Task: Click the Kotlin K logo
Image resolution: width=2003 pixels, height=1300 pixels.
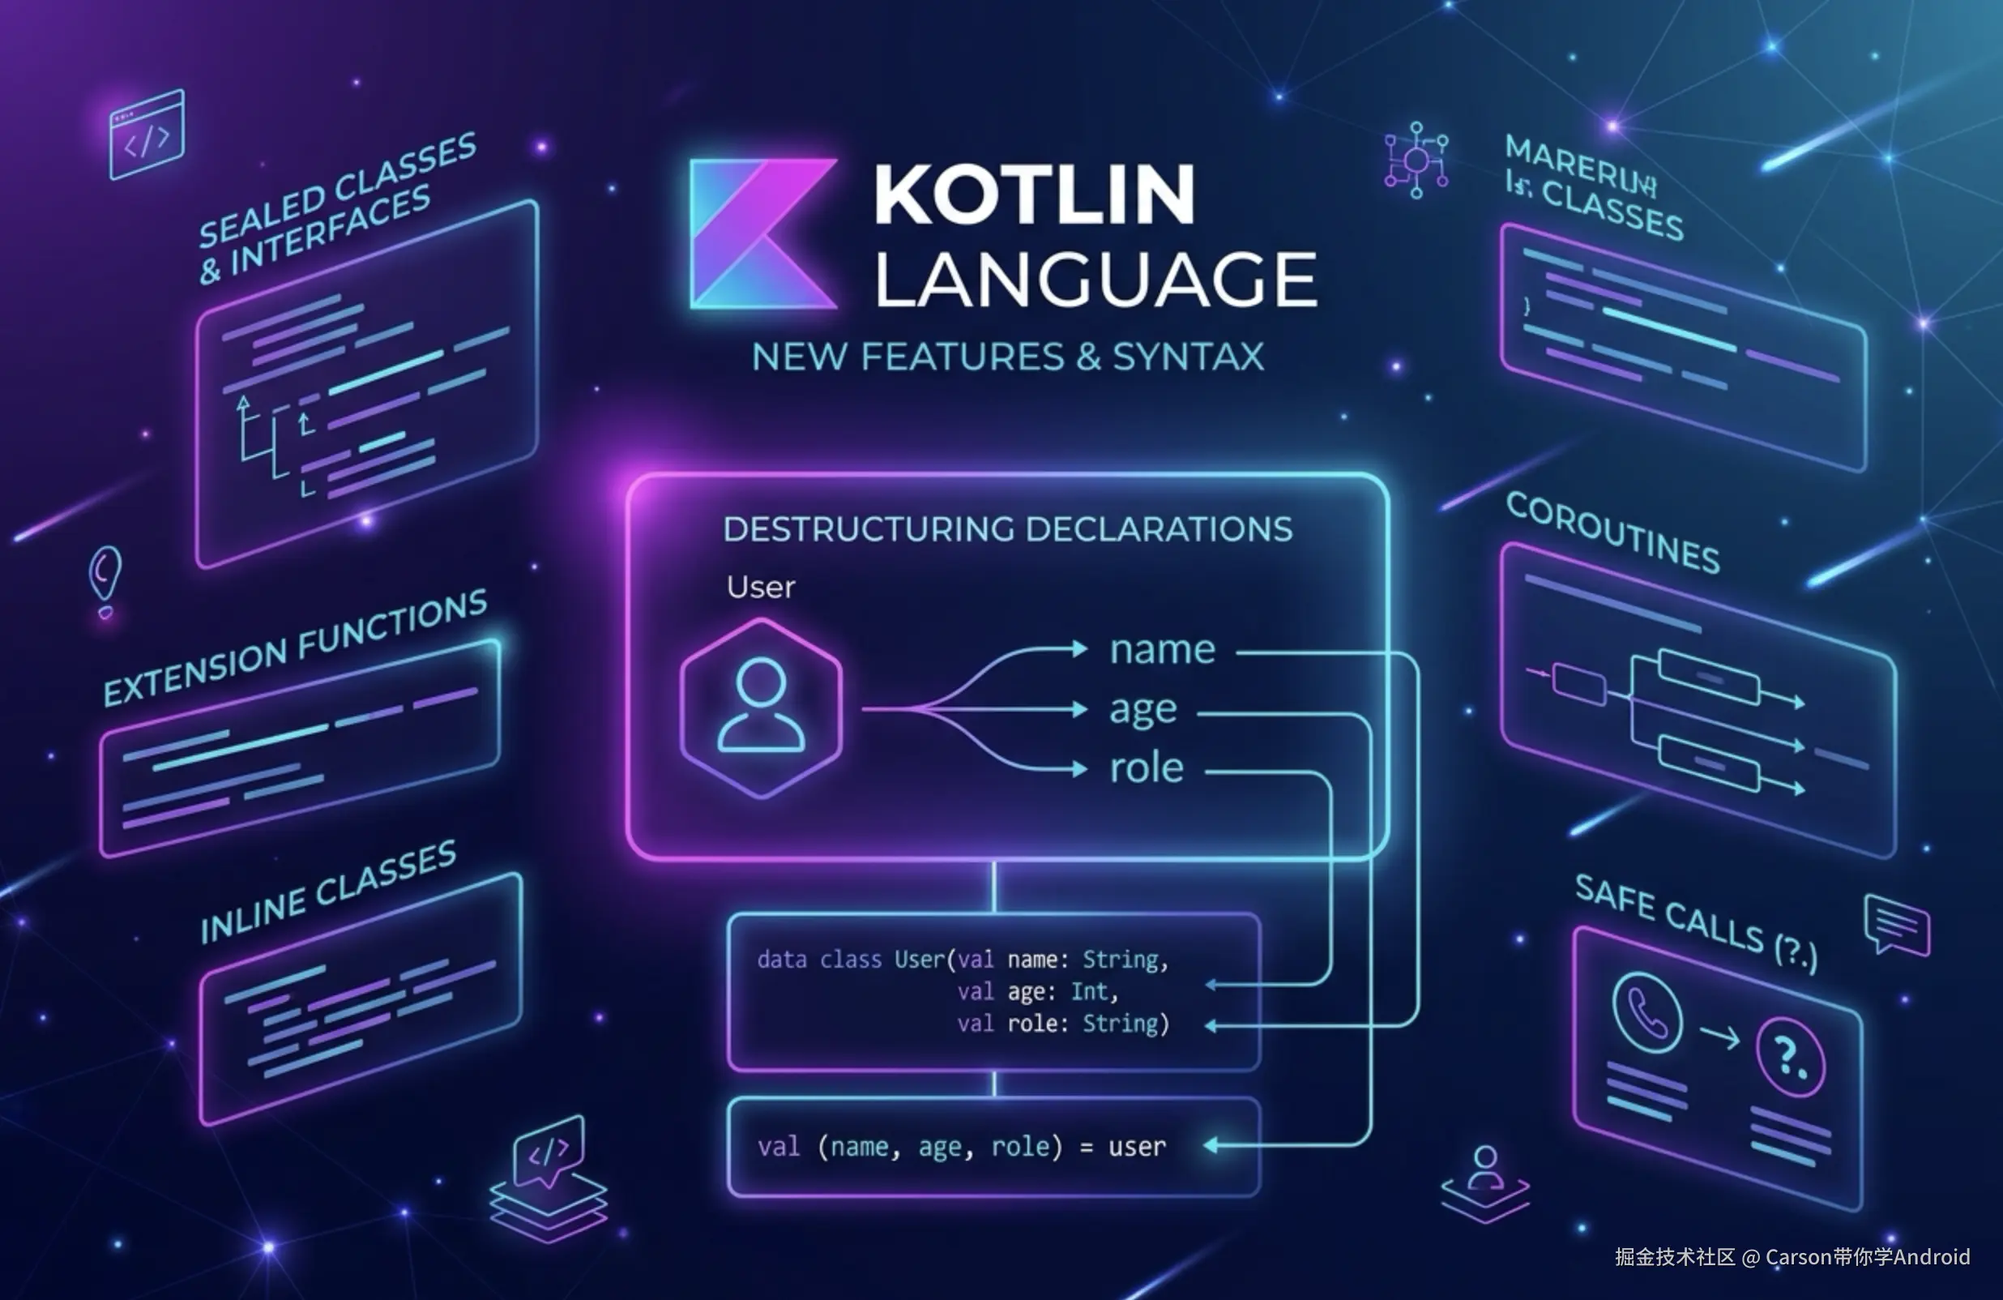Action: [762, 234]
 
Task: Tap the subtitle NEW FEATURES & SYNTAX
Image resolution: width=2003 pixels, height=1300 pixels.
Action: [1007, 357]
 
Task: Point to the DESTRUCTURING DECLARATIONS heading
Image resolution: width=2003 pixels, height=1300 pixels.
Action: [1007, 529]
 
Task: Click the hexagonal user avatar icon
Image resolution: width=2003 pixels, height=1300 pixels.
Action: [761, 708]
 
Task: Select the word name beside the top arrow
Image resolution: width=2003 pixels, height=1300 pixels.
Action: [1162, 650]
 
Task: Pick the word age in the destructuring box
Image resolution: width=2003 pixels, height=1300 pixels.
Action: [1142, 710]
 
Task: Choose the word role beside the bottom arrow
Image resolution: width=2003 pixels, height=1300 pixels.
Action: [1147, 768]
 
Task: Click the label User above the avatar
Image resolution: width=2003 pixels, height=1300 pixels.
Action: [761, 587]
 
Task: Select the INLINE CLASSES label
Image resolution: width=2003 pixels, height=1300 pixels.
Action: [328, 892]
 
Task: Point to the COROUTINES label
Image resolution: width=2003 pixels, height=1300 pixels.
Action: [1612, 533]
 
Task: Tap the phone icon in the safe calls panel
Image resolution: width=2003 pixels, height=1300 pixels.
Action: [1647, 1012]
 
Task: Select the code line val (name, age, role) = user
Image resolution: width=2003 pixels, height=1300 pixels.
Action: [961, 1147]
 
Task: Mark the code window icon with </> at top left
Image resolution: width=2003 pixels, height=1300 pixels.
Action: [147, 135]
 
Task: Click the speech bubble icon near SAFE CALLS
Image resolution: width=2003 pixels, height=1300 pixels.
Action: [1897, 925]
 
